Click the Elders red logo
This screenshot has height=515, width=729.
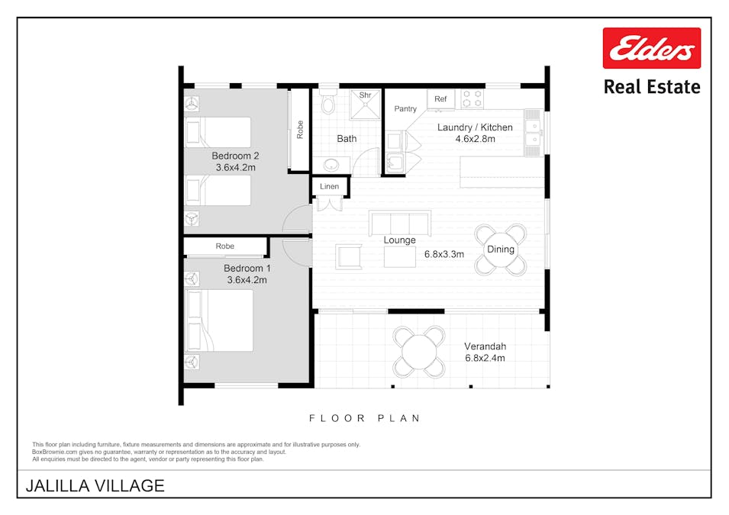651,48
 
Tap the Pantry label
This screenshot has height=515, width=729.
405,109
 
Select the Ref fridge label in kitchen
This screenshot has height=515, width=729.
440,99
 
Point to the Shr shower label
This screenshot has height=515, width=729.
365,95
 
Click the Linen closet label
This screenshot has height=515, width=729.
330,187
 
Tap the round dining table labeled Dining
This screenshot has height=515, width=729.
501,249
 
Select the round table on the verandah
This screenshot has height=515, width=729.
419,352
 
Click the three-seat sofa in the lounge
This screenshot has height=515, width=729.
399,223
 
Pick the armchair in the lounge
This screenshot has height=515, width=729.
350,256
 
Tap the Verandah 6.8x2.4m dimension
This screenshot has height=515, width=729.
485,357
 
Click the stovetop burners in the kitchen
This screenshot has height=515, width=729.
472,99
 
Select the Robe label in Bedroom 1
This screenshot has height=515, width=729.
225,246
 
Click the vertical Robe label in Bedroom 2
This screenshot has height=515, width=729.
300,129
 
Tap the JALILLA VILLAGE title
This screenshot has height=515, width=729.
95,485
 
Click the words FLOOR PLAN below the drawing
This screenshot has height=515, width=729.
365,418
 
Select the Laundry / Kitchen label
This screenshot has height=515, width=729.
475,127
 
